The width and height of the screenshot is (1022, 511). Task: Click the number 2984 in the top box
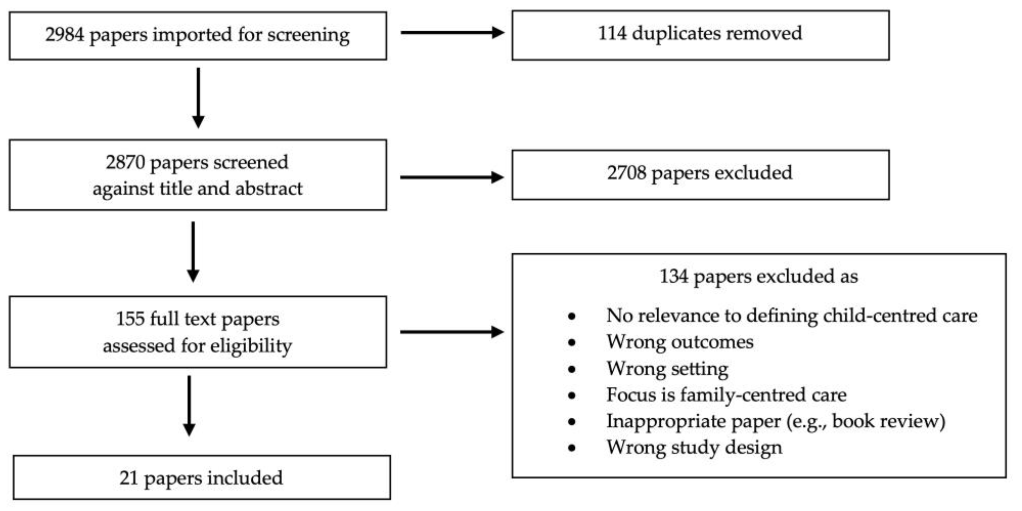pyautogui.click(x=64, y=34)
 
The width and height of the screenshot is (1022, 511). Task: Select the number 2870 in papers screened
pyautogui.click(x=125, y=162)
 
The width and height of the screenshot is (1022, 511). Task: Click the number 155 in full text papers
pyautogui.click(x=130, y=319)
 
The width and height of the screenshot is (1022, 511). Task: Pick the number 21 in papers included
pyautogui.click(x=128, y=478)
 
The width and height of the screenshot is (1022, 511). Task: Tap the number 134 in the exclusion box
pyautogui.click(x=673, y=277)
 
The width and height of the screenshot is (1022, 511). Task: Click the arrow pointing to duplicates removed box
pyautogui.click(x=452, y=32)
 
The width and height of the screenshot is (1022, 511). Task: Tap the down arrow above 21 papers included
pyautogui.click(x=189, y=405)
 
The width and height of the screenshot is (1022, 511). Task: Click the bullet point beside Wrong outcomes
pyautogui.click(x=572, y=342)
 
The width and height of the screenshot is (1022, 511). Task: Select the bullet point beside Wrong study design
pyautogui.click(x=572, y=448)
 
